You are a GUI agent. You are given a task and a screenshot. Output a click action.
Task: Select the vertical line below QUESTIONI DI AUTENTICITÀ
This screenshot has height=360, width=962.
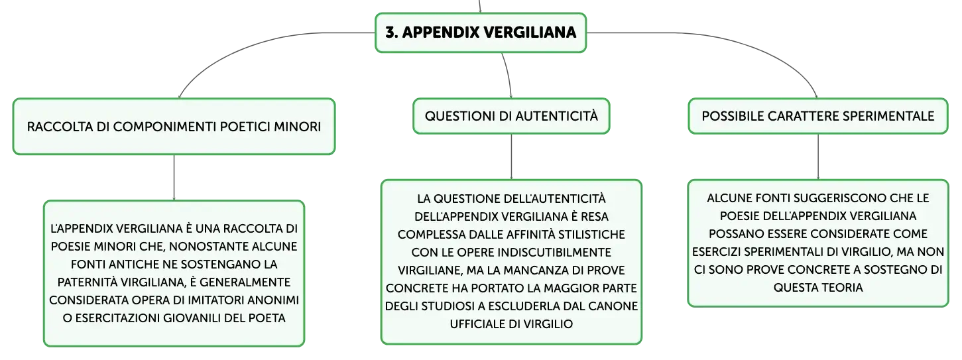click(x=511, y=157)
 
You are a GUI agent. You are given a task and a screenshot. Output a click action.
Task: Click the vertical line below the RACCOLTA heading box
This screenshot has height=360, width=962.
click(x=174, y=178)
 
